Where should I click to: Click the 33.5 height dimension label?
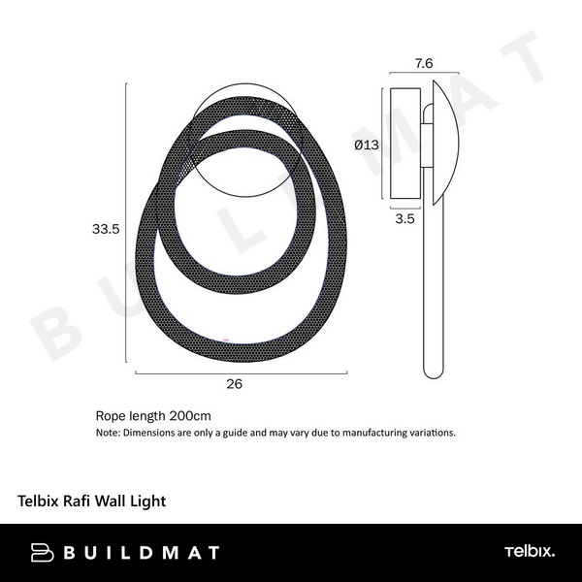click(x=105, y=230)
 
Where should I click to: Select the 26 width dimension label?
click(x=233, y=383)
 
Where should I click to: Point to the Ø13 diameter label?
click(x=367, y=145)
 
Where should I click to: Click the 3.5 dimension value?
click(x=405, y=220)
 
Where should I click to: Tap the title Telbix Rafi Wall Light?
click(x=92, y=501)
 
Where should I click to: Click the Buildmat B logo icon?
click(x=41, y=553)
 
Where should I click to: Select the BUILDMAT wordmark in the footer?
click(x=141, y=553)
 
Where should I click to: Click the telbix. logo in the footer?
click(x=529, y=553)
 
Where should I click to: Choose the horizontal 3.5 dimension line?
click(x=405, y=207)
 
